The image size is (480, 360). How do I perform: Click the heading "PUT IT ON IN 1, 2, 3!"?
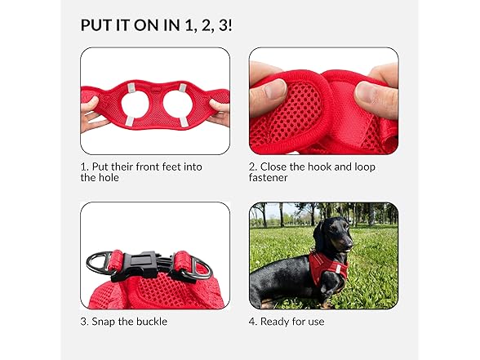point(156,25)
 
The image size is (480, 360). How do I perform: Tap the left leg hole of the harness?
point(135,104)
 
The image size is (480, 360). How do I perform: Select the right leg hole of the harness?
point(176,104)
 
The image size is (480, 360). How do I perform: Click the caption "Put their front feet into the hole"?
point(141,172)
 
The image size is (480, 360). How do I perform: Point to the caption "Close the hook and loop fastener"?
point(312,172)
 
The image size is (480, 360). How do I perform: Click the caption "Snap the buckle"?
point(124,322)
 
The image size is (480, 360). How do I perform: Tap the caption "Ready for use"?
point(287,322)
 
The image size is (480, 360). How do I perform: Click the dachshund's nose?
point(350,245)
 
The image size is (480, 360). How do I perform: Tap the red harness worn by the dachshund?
point(328,267)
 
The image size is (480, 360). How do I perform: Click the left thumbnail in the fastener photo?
point(274,89)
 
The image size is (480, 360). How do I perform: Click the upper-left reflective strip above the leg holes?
point(131,89)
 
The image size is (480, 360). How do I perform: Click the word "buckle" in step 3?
point(152,322)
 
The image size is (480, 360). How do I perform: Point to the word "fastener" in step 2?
point(268,178)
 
